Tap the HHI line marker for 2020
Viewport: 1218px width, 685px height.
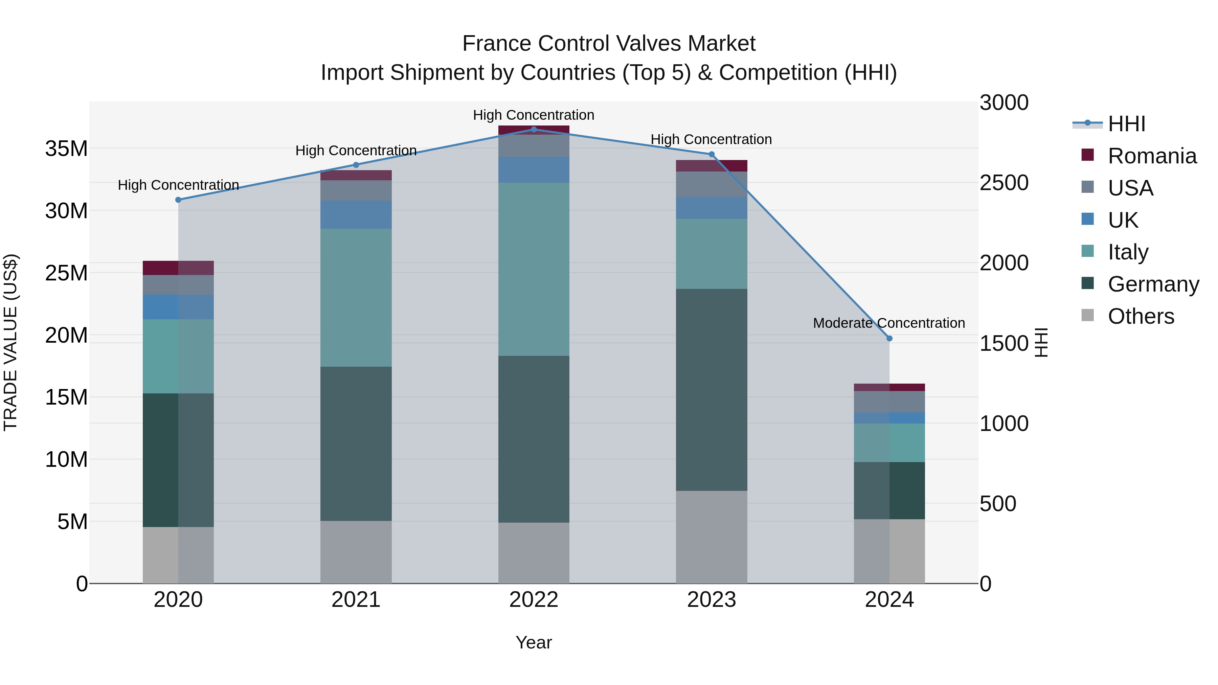click(x=178, y=200)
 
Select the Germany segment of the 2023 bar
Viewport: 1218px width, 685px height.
click(x=711, y=390)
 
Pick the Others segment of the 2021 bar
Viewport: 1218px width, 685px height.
click(x=356, y=552)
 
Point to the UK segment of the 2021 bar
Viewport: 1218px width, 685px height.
click(x=356, y=214)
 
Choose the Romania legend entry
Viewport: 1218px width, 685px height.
click(x=1152, y=156)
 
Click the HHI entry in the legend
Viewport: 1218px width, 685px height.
click(x=1126, y=124)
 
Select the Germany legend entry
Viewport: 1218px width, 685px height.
click(x=1153, y=284)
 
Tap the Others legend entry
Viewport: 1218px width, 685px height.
click(x=1141, y=316)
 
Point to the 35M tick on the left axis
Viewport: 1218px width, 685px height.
click(x=66, y=149)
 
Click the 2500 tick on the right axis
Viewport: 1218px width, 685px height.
click(x=1004, y=183)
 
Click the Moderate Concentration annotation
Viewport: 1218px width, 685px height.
click(x=888, y=323)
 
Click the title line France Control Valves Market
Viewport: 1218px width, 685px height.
click(x=609, y=44)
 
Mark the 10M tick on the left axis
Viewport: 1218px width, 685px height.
click(x=66, y=459)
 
